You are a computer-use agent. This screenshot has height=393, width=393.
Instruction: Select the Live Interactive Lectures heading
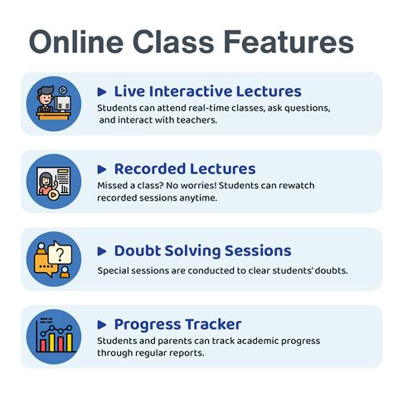pos(207,91)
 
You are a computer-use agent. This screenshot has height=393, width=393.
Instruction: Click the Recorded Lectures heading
pos(184,169)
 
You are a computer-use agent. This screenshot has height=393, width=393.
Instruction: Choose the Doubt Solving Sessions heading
pos(202,250)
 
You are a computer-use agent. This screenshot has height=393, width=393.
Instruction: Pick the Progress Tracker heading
pos(177,324)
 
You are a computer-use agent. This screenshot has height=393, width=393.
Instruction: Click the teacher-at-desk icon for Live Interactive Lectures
pos(54,104)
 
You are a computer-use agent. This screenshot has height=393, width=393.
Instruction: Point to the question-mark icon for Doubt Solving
pos(54,259)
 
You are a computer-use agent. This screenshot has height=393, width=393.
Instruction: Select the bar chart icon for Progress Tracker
pos(54,336)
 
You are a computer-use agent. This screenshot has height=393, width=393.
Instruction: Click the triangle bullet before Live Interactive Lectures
pos(102,92)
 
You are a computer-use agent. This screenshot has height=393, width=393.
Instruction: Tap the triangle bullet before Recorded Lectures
pos(102,170)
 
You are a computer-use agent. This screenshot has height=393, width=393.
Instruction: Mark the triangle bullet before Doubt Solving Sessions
pos(102,251)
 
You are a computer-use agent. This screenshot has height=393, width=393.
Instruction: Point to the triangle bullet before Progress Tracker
pos(102,325)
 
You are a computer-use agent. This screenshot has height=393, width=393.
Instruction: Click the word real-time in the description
pos(206,109)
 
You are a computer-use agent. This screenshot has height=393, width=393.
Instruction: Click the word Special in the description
pos(114,270)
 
